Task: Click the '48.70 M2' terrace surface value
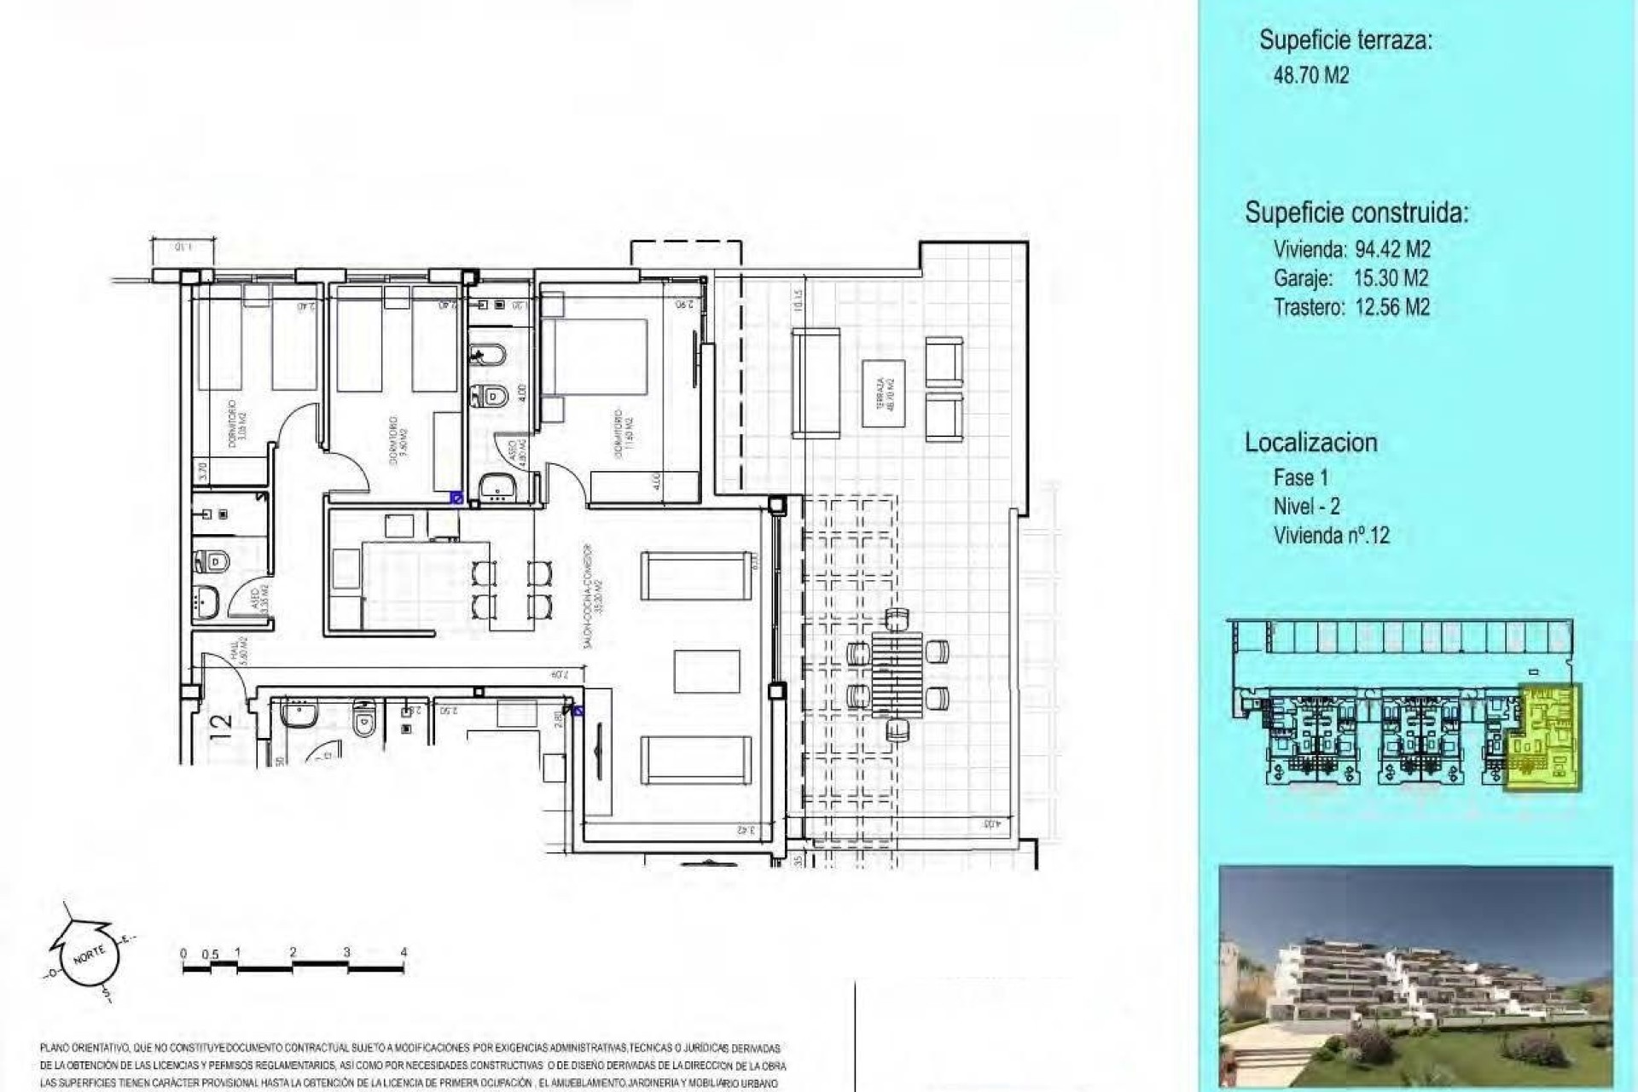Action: (1310, 75)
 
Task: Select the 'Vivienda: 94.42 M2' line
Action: (1351, 249)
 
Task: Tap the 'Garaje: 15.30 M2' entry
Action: (1350, 278)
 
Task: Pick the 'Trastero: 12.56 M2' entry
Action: (1351, 307)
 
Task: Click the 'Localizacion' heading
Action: (1310, 443)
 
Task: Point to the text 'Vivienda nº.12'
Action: (1331, 536)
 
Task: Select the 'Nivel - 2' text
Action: (1306, 507)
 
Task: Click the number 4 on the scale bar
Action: (404, 952)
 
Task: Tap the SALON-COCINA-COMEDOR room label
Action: (593, 597)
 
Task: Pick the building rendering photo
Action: (1415, 978)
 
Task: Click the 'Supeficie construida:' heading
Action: (1356, 212)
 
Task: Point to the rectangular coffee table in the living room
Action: (706, 671)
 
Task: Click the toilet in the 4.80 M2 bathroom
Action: (494, 395)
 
